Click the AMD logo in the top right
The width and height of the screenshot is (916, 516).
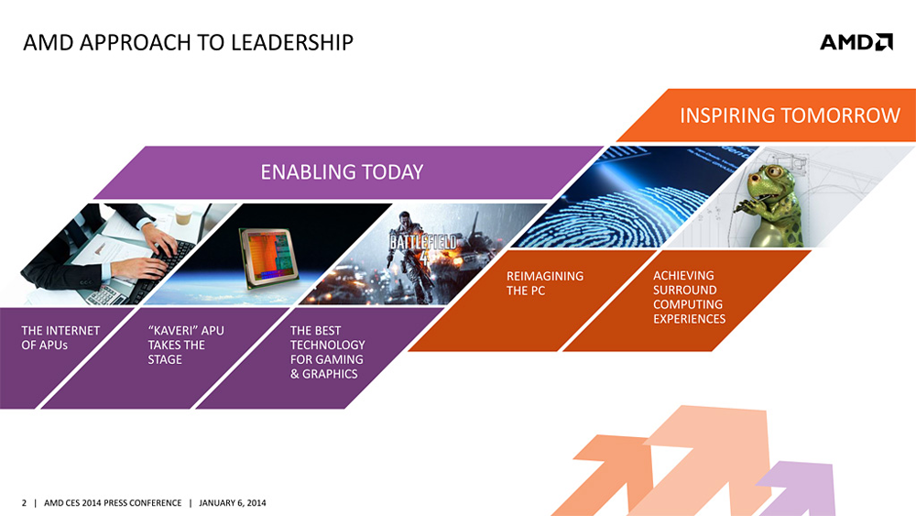tap(856, 42)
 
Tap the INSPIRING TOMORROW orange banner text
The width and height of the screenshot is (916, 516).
tap(790, 115)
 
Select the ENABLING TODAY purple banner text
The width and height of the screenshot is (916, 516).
tap(342, 171)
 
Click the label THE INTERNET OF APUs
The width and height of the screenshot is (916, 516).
tap(60, 337)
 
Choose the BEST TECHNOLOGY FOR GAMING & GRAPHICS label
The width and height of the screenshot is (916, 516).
tap(327, 352)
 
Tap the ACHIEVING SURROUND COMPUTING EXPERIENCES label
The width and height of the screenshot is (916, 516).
tap(689, 297)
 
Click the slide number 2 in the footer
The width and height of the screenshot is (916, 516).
tap(24, 503)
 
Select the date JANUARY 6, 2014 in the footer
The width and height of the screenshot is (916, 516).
tap(233, 503)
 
